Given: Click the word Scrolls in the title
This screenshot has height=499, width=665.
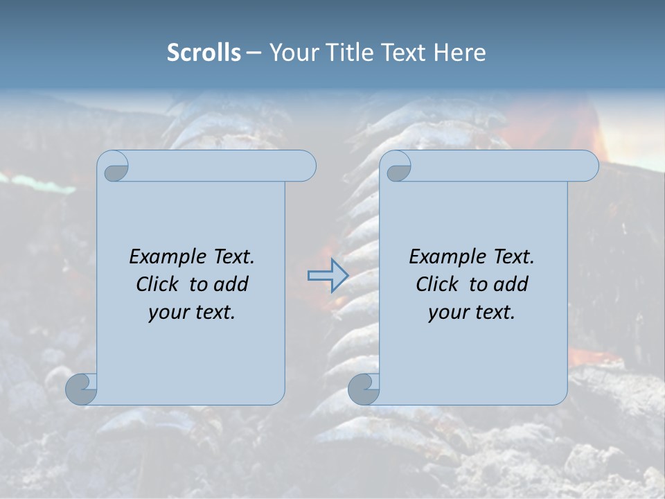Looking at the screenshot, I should (204, 53).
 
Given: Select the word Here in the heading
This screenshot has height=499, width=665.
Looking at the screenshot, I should (459, 53).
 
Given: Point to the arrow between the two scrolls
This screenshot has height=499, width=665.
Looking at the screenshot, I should (328, 276).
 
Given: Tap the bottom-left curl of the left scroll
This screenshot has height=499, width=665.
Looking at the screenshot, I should (82, 389).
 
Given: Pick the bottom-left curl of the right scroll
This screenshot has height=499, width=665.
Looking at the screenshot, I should (364, 389).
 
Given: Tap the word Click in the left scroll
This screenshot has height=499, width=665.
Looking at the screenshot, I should (157, 285).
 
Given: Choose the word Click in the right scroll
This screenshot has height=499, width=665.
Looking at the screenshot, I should (436, 285).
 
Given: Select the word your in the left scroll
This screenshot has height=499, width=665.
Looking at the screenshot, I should (169, 313).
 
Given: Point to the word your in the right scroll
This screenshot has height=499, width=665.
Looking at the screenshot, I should (449, 313).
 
